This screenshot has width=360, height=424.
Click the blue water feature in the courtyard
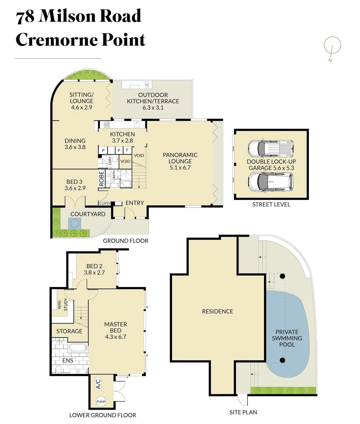click(74, 223)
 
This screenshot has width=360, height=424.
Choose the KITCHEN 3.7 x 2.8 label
click(122, 137)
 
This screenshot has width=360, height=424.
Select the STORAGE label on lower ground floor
click(69, 331)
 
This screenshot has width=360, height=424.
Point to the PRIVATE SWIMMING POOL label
click(287, 338)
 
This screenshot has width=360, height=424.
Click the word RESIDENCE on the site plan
click(217, 311)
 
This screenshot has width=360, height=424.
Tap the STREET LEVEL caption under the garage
click(271, 205)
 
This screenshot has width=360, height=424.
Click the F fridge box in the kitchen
click(127, 150)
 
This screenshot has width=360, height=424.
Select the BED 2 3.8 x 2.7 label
click(94, 269)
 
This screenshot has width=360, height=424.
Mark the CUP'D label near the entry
click(104, 203)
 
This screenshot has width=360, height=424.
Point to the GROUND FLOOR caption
click(125, 241)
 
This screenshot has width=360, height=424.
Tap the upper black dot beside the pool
click(282, 276)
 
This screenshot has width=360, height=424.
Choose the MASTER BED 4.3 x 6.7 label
click(116, 330)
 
